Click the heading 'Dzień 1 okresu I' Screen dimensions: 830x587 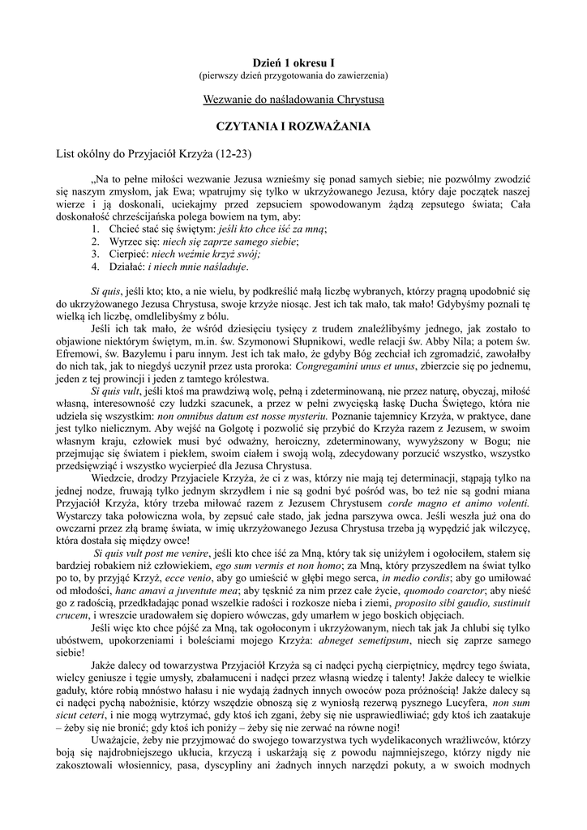tap(293, 62)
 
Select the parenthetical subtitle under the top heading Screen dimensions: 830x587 tap(293, 75)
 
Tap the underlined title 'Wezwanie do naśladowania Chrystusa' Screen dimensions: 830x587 tap(293, 100)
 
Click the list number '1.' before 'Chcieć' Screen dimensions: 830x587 tap(96, 230)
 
